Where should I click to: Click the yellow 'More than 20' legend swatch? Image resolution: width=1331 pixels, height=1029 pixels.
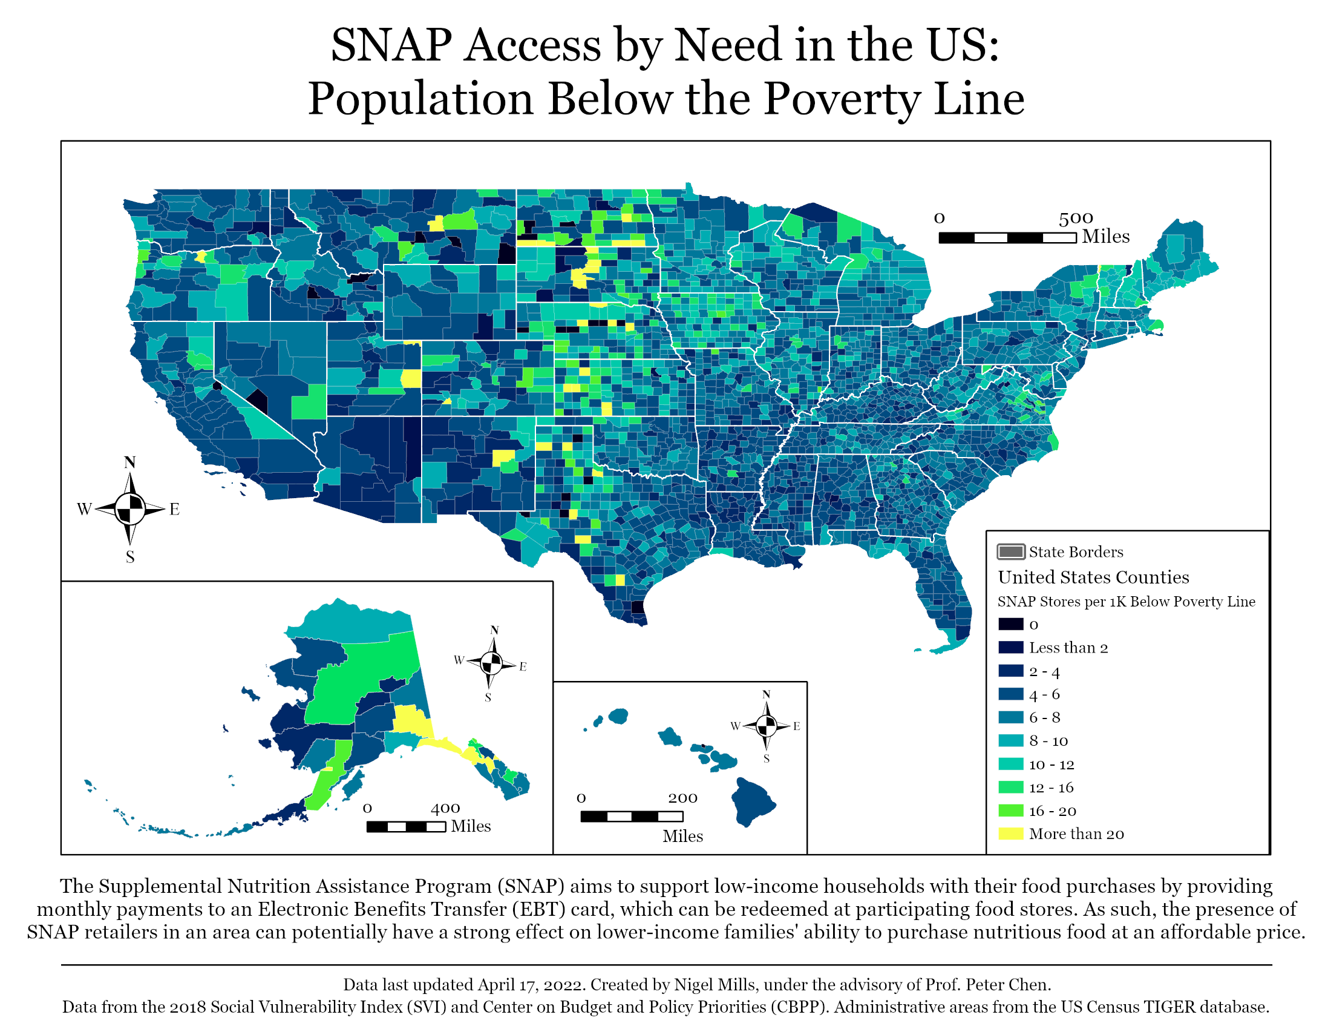coord(1010,833)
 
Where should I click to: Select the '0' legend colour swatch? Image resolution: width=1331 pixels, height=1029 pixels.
coord(1010,624)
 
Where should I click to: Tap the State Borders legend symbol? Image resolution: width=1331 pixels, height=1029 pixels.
coord(1010,551)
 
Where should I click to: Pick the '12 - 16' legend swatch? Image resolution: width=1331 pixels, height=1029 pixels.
coord(1010,787)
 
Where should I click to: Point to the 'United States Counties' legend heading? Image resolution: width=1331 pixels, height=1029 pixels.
coord(1093,577)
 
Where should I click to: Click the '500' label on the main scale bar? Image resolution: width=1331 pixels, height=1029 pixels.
coord(1076,218)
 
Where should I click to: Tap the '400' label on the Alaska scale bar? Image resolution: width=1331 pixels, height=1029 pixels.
coord(445,808)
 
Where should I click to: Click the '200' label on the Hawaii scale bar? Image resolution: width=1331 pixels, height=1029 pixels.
coord(682,798)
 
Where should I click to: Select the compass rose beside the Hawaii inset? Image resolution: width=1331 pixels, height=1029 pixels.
coord(767,726)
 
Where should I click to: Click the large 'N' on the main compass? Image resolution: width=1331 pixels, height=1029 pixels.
coord(130,462)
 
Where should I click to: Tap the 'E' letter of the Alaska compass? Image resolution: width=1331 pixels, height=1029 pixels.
coord(523,666)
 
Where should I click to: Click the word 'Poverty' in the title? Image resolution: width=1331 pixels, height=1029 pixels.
coord(841,99)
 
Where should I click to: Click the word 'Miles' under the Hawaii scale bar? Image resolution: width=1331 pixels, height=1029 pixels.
coord(682,836)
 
